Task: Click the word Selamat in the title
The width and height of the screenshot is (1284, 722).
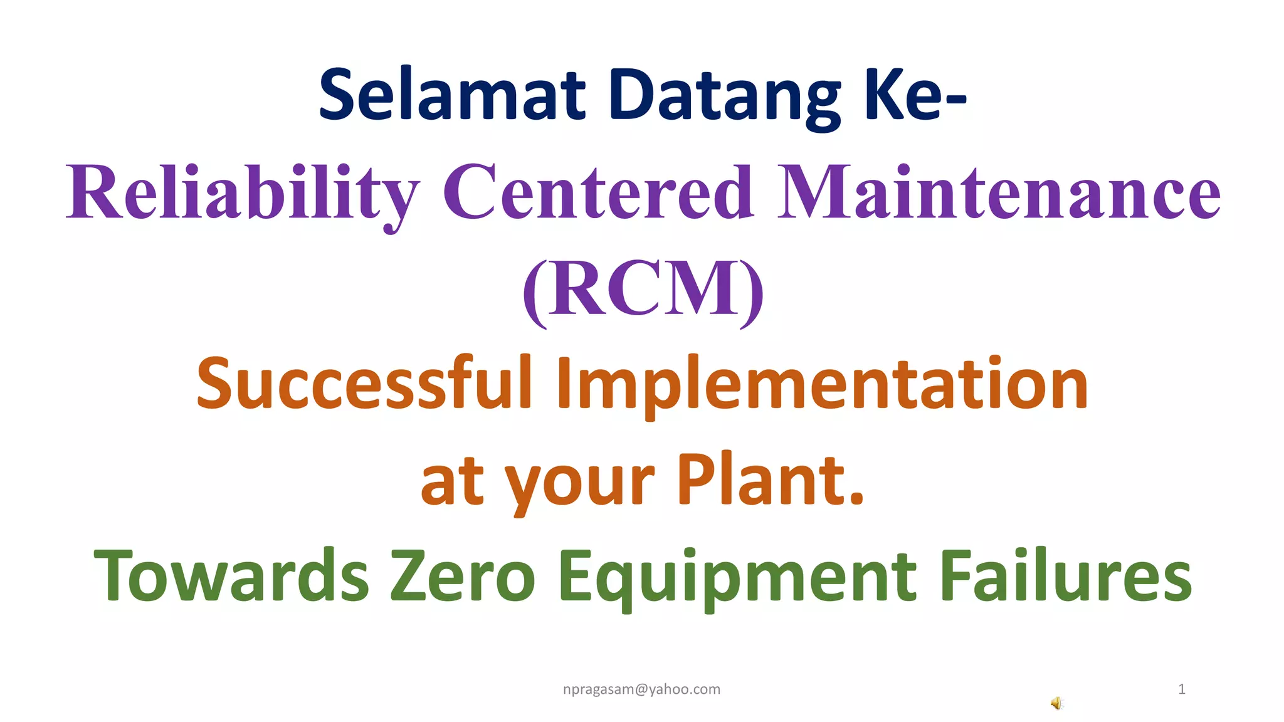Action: pyautogui.click(x=452, y=95)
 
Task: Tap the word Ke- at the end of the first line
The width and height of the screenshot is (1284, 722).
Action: pyautogui.click(x=915, y=95)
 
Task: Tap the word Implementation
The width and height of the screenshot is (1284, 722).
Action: pyautogui.click(x=822, y=383)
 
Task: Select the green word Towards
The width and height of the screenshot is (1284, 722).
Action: pyautogui.click(x=232, y=575)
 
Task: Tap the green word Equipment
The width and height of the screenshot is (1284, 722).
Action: pyautogui.click(x=737, y=575)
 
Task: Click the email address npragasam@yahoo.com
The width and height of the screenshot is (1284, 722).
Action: pyautogui.click(x=641, y=689)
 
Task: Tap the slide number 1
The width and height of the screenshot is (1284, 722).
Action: pyautogui.click(x=1181, y=689)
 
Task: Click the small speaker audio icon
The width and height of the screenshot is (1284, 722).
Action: pyautogui.click(x=1057, y=703)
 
